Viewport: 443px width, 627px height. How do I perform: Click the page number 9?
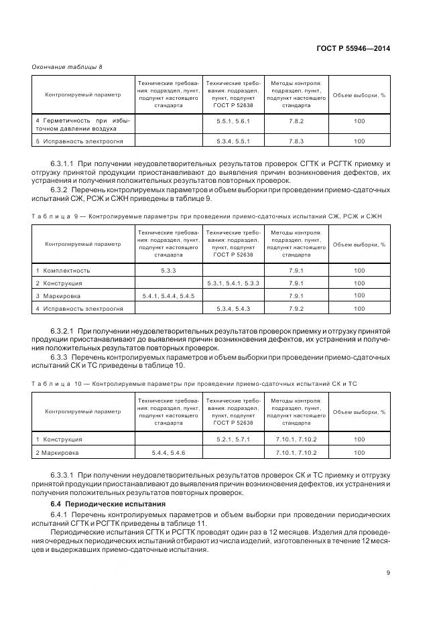pyautogui.click(x=389, y=571)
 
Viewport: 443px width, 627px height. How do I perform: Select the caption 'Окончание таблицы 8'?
pyautogui.click(x=67, y=66)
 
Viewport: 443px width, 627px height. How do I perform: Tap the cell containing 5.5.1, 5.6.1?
pyautogui.click(x=233, y=121)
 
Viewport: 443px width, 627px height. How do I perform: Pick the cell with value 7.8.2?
pyautogui.click(x=296, y=121)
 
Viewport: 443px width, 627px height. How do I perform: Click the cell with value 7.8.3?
pyautogui.click(x=296, y=141)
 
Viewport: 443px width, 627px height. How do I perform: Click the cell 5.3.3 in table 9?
pyautogui.click(x=168, y=270)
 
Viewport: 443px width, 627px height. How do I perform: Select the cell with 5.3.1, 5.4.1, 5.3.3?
pyautogui.click(x=233, y=283)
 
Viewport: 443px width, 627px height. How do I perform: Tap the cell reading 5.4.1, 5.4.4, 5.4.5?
pyautogui.click(x=168, y=295)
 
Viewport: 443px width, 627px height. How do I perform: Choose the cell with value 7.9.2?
pyautogui.click(x=296, y=308)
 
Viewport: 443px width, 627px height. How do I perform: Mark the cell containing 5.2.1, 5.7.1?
pyautogui.click(x=233, y=439)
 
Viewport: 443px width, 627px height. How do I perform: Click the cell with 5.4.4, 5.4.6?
pyautogui.click(x=168, y=453)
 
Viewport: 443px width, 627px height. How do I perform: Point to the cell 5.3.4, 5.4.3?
pyautogui.click(x=233, y=308)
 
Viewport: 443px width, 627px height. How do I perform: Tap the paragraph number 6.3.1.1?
pyautogui.click(x=62, y=163)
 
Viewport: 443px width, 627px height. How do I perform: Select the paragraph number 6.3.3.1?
pyautogui.click(x=62, y=475)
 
